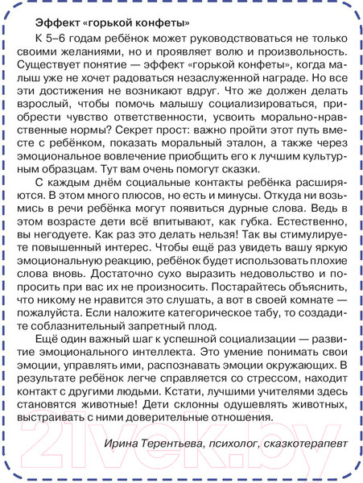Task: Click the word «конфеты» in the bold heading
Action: click(x=163, y=22)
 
